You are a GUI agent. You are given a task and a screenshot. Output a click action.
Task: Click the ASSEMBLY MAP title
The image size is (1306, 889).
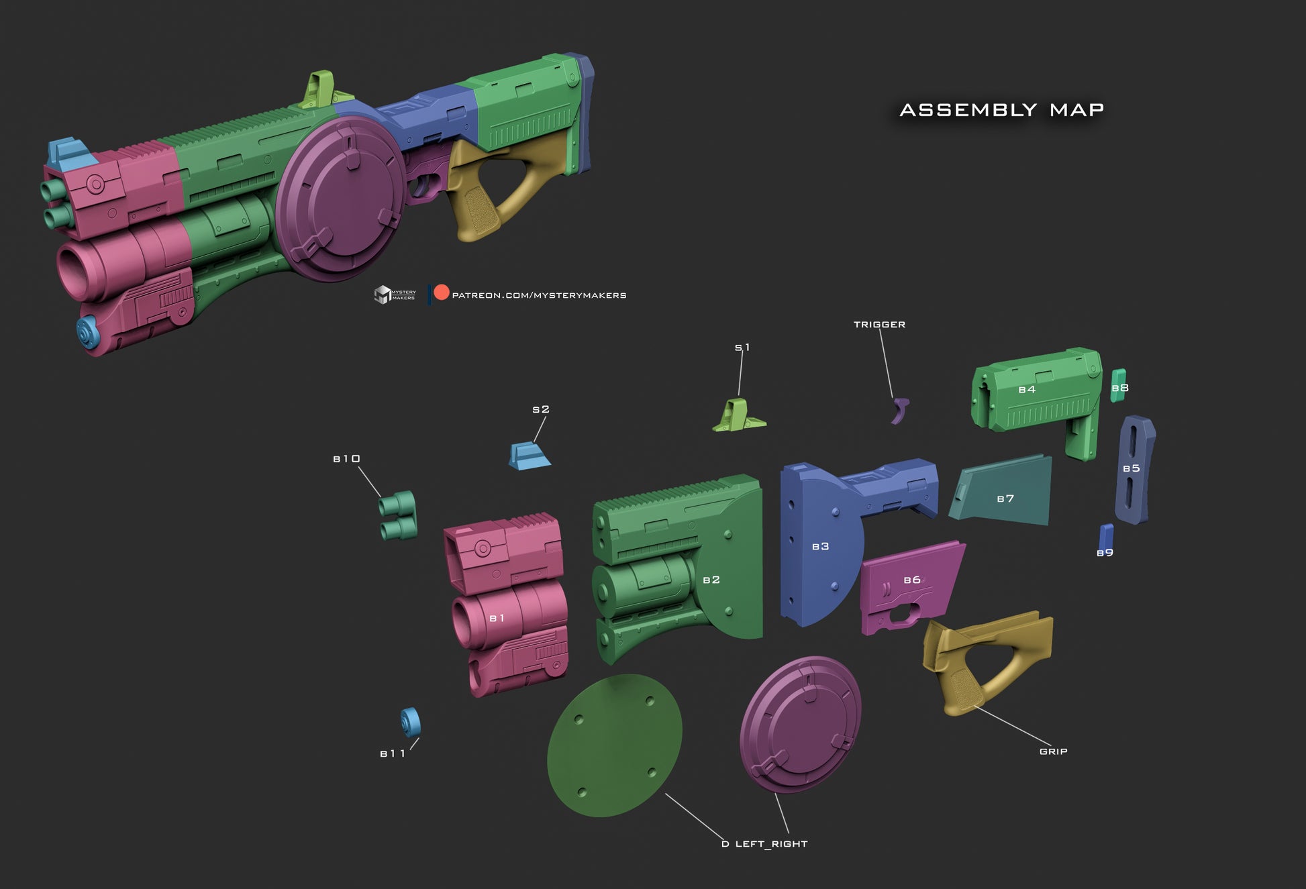[x=1001, y=109]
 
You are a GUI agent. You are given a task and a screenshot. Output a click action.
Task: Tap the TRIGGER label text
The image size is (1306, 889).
[x=879, y=325]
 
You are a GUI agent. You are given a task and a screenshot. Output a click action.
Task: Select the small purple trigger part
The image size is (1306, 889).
[x=900, y=410]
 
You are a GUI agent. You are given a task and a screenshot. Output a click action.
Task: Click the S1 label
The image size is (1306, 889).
[x=742, y=348]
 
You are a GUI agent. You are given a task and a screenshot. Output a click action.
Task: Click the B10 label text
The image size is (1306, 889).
[x=347, y=459]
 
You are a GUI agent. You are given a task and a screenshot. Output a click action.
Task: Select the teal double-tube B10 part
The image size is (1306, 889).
[x=398, y=515]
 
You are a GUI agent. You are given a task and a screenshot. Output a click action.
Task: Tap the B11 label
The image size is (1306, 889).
[x=393, y=754]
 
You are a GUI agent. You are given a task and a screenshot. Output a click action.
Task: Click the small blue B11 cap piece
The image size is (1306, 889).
[x=410, y=722]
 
